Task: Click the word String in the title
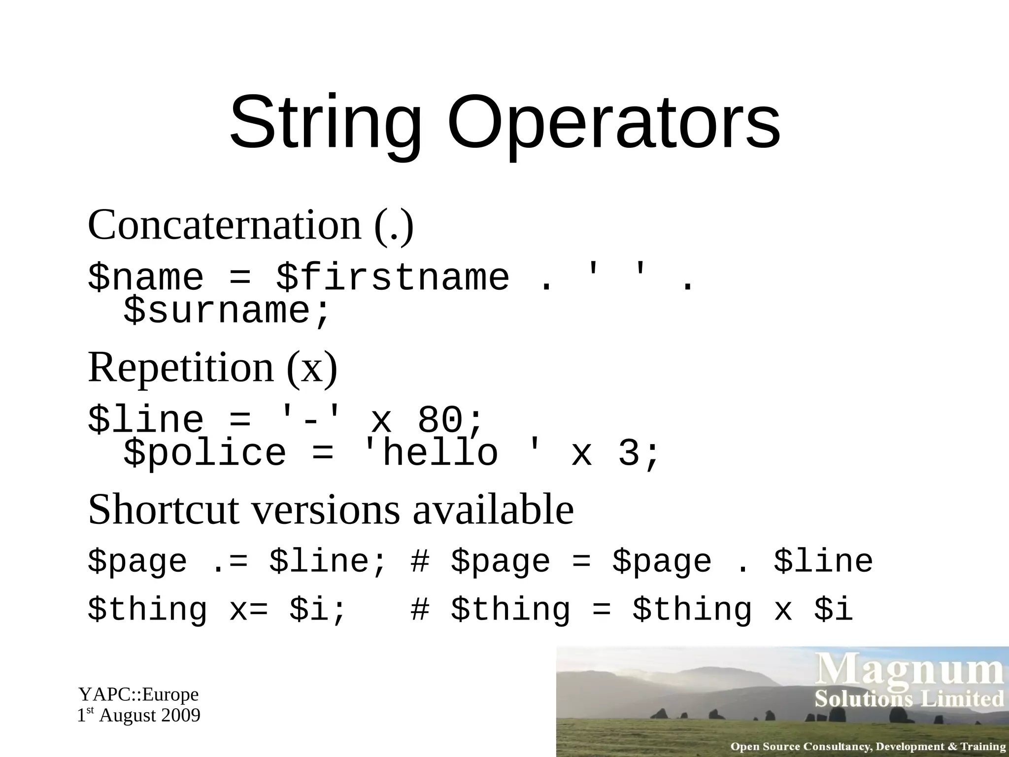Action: pyautogui.click(x=326, y=123)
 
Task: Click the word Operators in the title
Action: pyautogui.click(x=613, y=123)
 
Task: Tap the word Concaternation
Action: pyautogui.click(x=225, y=225)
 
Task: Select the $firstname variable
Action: pyautogui.click(x=392, y=277)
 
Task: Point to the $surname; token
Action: pyautogui.click(x=227, y=311)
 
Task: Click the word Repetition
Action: pyautogui.click(x=180, y=368)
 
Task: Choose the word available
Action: pyautogui.click(x=493, y=510)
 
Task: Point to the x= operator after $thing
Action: pyautogui.click(x=248, y=610)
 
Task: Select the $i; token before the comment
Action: pyautogui.click(x=317, y=610)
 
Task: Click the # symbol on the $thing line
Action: pyautogui.click(x=420, y=610)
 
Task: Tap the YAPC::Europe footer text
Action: pyautogui.click(x=138, y=694)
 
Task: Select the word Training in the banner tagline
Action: pyautogui.click(x=983, y=746)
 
